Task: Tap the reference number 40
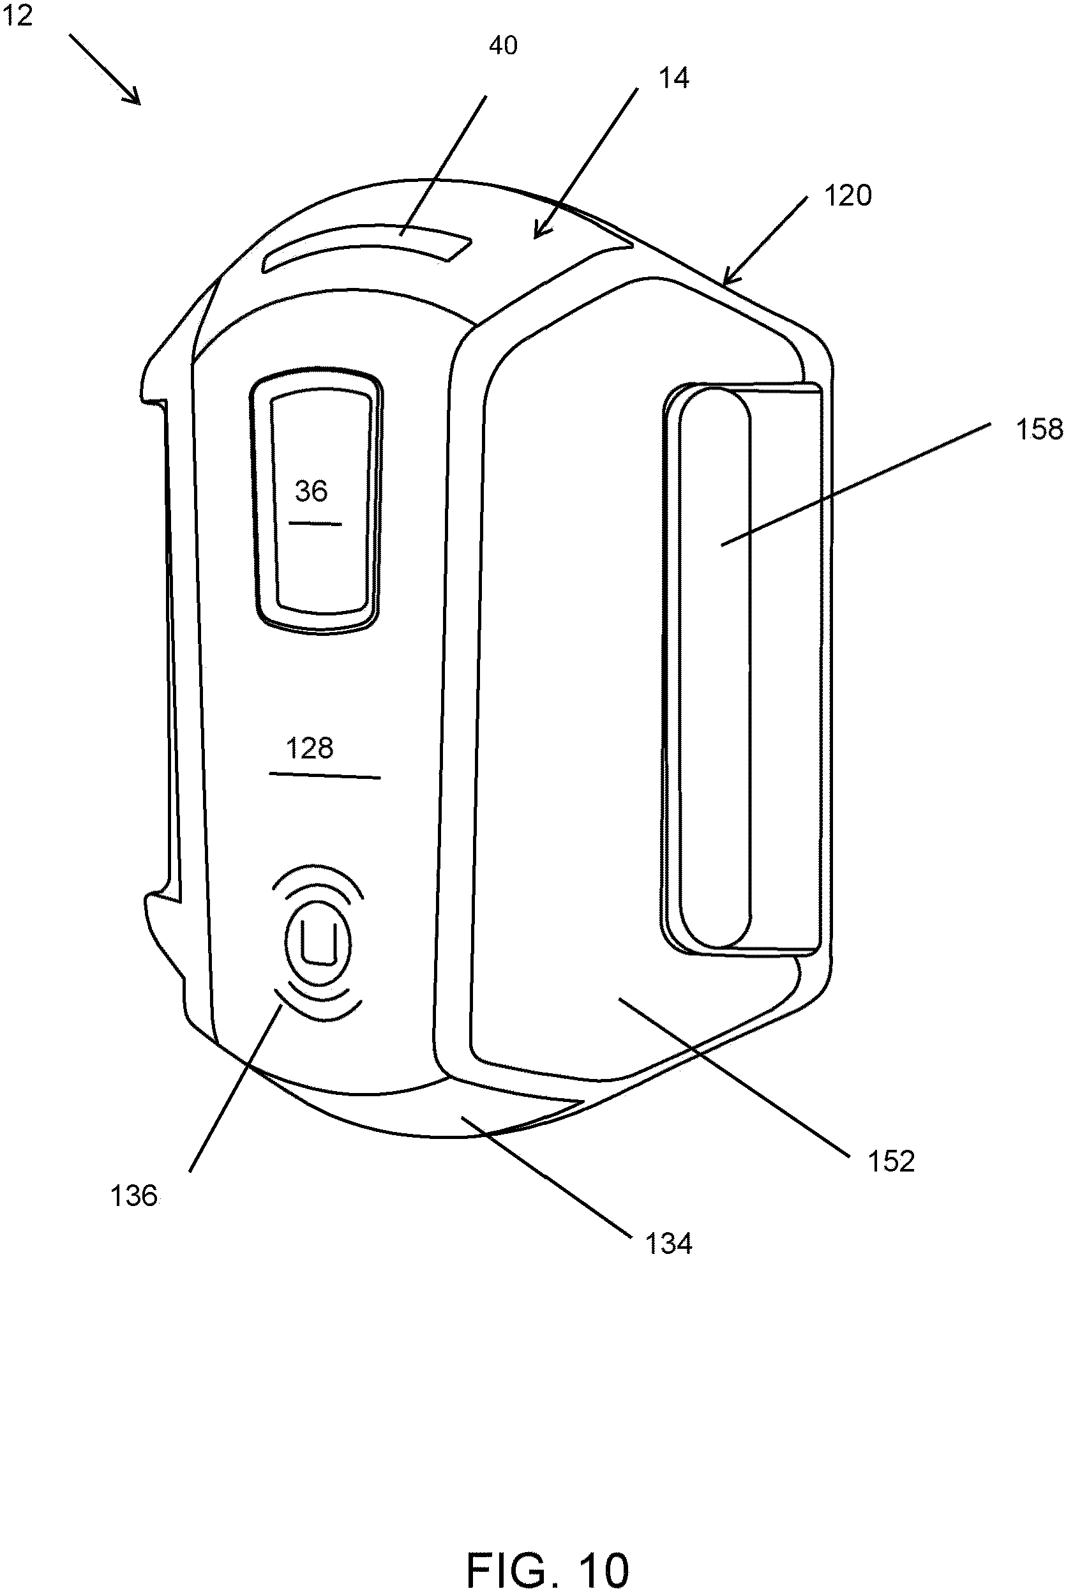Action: pyautogui.click(x=503, y=45)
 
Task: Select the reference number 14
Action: pyautogui.click(x=673, y=79)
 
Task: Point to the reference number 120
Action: pyautogui.click(x=847, y=196)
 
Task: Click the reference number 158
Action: pyautogui.click(x=1039, y=430)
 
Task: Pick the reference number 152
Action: pyautogui.click(x=891, y=1161)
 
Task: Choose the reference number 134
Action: pyautogui.click(x=668, y=1244)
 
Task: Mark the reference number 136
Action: pyautogui.click(x=133, y=1196)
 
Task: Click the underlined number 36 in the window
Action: pyautogui.click(x=312, y=492)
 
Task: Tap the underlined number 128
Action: pyautogui.click(x=310, y=749)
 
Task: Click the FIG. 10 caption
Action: pyautogui.click(x=547, y=1551)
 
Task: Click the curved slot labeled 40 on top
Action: pyautogui.click(x=367, y=247)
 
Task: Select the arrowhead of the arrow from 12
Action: pyautogui.click(x=134, y=98)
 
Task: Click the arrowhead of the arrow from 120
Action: pyautogui.click(x=728, y=280)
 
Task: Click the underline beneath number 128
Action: pyautogui.click(x=325, y=775)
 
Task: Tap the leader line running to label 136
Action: pyautogui.click(x=234, y=1090)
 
